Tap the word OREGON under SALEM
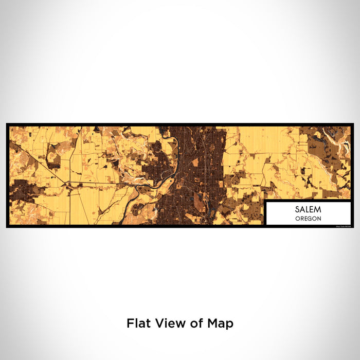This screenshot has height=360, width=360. coord(309,219)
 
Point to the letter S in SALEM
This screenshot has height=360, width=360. coord(297,210)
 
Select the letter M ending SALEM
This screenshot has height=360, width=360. coord(319,210)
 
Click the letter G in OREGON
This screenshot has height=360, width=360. coord(312,219)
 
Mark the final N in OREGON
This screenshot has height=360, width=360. coord(320,219)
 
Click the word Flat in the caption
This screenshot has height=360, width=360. coord(137,323)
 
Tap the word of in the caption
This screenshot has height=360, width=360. coord(190,323)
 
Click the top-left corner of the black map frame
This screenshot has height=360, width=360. coord(8,124)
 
